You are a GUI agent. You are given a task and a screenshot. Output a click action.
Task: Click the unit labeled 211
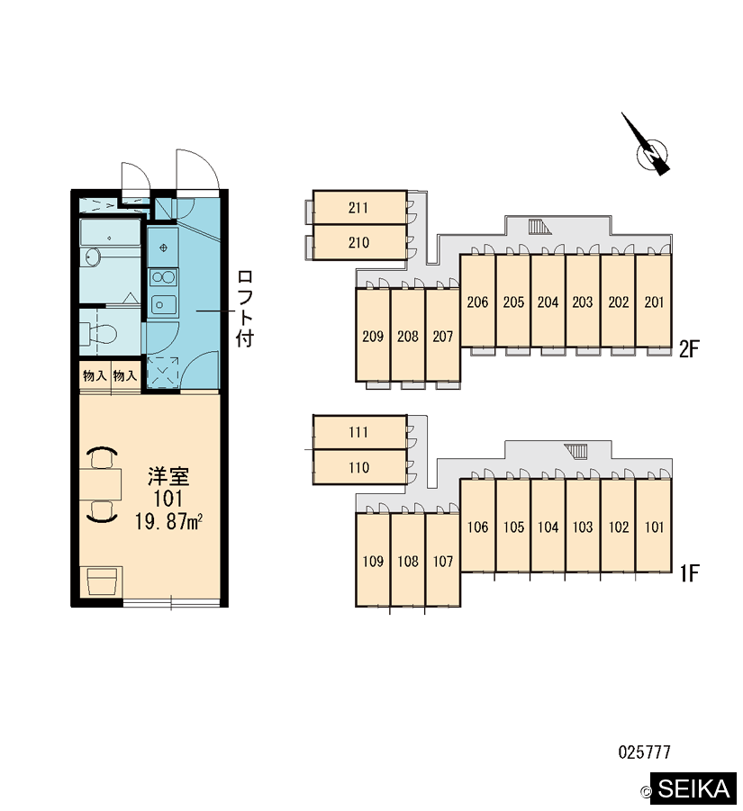(x=359, y=208)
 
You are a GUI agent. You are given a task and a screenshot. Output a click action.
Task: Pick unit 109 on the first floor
(x=373, y=560)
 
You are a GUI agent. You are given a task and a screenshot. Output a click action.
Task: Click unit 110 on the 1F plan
(x=359, y=467)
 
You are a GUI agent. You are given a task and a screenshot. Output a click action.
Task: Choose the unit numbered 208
(x=408, y=336)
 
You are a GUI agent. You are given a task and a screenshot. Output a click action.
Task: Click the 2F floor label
(x=689, y=349)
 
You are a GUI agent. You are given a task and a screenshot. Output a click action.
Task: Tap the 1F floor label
(x=689, y=573)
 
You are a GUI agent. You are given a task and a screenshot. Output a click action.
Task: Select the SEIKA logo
(x=693, y=788)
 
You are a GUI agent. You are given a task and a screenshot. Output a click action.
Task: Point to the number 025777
(x=644, y=752)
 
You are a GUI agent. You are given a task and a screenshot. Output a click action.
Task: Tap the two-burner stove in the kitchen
(x=163, y=278)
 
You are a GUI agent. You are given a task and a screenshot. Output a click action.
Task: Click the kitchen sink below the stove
(x=162, y=304)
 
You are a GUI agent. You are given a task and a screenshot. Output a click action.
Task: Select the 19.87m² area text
(x=168, y=521)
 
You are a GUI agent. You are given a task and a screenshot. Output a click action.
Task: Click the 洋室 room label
(x=168, y=476)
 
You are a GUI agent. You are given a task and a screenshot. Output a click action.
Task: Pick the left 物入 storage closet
(x=95, y=375)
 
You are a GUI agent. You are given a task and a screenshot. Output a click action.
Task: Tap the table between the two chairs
(x=100, y=484)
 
